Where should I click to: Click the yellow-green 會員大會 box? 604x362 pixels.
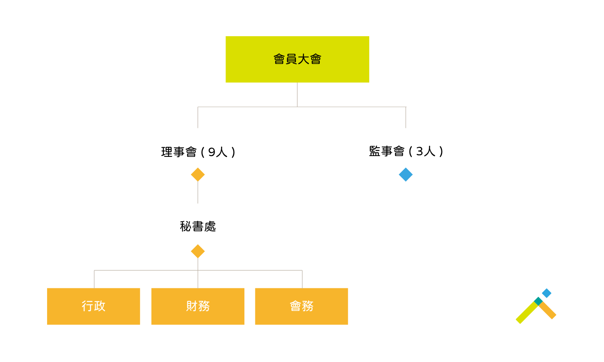[297, 59]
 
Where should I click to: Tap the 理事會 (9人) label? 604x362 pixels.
[198, 152]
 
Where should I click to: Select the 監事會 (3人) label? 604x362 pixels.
[406, 151]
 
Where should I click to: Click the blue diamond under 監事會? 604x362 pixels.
[405, 175]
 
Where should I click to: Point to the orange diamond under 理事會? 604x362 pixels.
[198, 175]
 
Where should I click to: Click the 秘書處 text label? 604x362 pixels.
[198, 226]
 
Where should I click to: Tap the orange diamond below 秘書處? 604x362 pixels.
[198, 251]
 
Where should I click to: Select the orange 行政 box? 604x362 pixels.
[93, 306]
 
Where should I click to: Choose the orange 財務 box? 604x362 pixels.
[198, 306]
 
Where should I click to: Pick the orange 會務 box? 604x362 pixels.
[302, 306]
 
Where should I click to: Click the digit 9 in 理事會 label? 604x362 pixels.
[212, 152]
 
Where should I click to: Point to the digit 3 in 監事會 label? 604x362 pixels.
[420, 151]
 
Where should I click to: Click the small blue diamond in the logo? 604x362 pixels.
[546, 293]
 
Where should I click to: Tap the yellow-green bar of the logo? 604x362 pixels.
[527, 313]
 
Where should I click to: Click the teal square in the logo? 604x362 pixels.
[538, 301]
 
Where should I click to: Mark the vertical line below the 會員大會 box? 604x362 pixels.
[297, 95]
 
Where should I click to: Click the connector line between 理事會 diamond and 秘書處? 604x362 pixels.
[198, 192]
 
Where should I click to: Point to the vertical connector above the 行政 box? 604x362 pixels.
[94, 279]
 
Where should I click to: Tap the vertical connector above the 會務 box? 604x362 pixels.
[302, 279]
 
